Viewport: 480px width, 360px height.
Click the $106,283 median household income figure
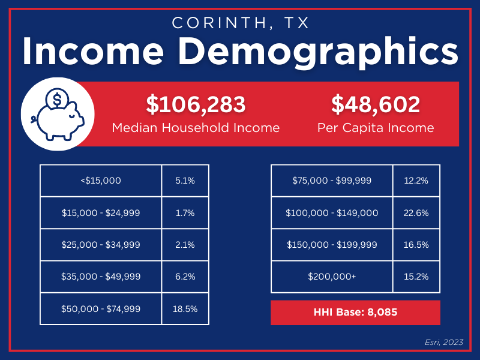196,104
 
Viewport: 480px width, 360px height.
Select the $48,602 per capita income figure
376,104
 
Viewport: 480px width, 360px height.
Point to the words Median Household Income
196,128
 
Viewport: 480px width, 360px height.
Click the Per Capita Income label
376,128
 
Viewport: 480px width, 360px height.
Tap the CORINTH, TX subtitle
240,23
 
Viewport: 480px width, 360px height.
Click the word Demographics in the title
325,53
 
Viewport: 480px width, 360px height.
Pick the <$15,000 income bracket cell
101,180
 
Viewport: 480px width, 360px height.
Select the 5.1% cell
185,180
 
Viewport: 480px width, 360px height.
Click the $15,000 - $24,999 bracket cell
101,212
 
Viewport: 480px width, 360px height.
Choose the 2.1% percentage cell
185,245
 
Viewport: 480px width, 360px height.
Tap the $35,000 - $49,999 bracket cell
101,277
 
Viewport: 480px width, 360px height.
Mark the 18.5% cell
185,310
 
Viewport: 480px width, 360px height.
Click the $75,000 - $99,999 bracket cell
332,180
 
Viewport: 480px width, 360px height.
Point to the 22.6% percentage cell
416,212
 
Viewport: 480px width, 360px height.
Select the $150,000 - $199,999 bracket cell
332,245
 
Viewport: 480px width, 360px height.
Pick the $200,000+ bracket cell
332,277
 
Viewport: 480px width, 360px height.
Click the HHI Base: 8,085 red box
355,313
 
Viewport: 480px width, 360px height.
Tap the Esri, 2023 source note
445,342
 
